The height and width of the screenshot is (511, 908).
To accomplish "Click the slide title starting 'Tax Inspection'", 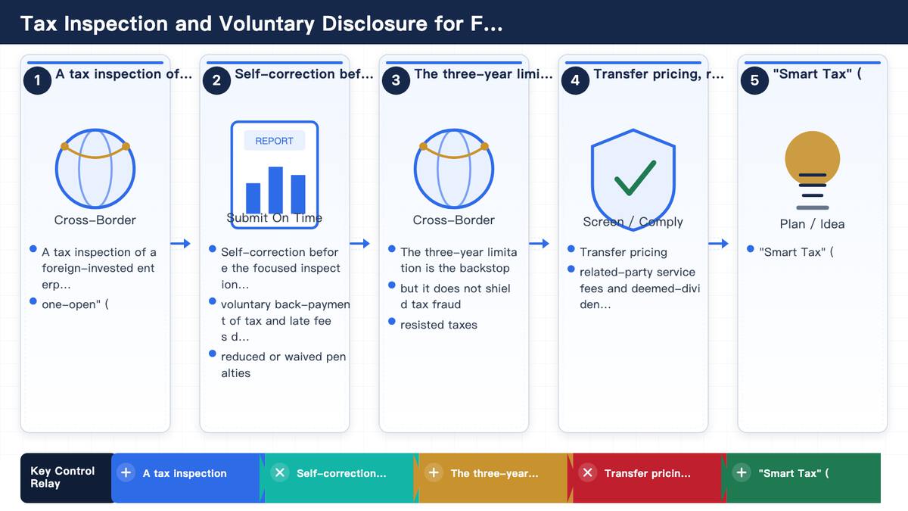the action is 262,23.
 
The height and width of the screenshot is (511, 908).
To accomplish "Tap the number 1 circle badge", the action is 37,80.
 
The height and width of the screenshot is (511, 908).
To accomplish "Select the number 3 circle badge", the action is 396,80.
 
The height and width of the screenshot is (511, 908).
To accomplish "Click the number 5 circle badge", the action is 754,80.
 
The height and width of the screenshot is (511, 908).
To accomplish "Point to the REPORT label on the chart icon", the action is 275,141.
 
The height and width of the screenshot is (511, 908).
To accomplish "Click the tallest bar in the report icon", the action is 275,190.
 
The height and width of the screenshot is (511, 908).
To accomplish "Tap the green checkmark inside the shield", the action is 635,178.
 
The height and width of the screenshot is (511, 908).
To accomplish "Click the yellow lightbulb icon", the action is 813,158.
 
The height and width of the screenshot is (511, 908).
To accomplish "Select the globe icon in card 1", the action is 95,168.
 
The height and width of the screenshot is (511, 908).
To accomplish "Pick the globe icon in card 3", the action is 454,168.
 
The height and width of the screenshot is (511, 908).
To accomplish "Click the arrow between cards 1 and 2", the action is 180,243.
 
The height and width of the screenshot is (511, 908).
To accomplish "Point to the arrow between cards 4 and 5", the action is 718,243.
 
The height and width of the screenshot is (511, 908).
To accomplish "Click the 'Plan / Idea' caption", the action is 813,224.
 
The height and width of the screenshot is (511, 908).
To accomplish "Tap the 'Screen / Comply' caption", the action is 633,222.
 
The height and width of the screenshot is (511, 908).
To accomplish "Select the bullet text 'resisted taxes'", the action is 439,325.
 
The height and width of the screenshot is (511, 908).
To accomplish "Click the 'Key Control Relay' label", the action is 62,478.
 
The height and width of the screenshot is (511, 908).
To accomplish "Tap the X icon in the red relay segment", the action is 587,473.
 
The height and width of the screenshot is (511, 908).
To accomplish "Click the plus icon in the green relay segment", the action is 742,473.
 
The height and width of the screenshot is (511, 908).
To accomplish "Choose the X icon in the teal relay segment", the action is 280,473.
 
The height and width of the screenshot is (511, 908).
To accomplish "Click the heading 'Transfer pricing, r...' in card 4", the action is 659,74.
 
